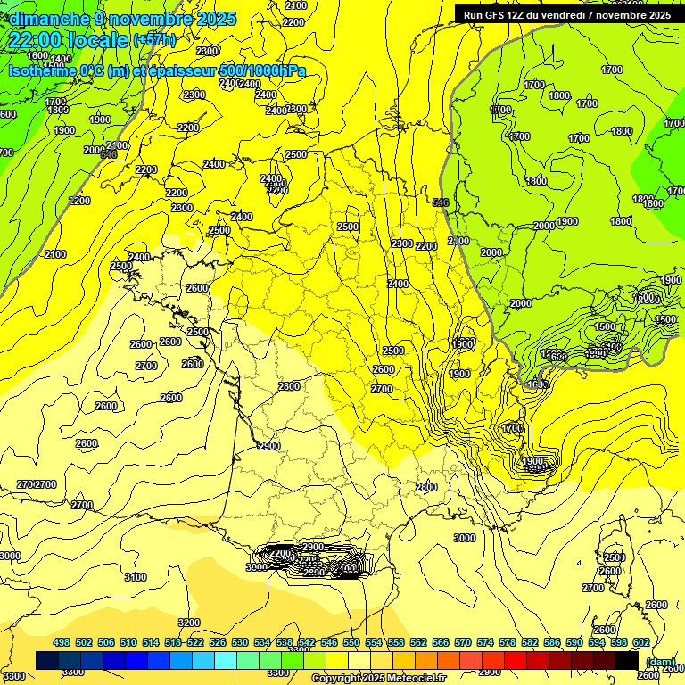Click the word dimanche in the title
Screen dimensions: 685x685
tap(45, 19)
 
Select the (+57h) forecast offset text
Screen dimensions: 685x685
tap(154, 40)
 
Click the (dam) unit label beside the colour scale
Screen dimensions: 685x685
tap(659, 662)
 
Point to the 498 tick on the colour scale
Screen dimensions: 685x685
tap(62, 642)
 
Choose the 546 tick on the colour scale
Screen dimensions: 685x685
tap(329, 642)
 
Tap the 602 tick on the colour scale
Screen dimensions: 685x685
tap(641, 642)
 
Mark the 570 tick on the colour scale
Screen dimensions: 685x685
tap(463, 642)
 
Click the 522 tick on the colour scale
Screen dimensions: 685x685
tap(195, 642)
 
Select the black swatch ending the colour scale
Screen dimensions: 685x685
tap(628, 660)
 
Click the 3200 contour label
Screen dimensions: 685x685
tap(189, 623)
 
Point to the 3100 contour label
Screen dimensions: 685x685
tap(136, 577)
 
